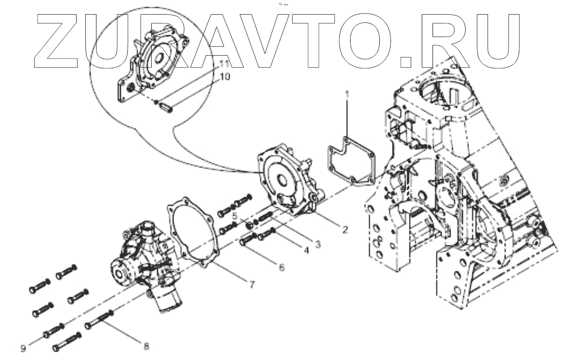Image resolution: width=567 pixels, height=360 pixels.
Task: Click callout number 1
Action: [347, 92]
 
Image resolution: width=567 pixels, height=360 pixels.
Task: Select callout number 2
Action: [344, 230]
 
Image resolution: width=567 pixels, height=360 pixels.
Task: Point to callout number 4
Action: [306, 252]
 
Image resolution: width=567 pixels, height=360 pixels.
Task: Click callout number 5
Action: [235, 216]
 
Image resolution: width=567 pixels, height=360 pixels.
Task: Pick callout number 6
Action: [281, 267]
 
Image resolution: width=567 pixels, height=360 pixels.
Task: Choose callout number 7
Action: [252, 285]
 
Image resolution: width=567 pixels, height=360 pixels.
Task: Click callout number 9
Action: [23, 347]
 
